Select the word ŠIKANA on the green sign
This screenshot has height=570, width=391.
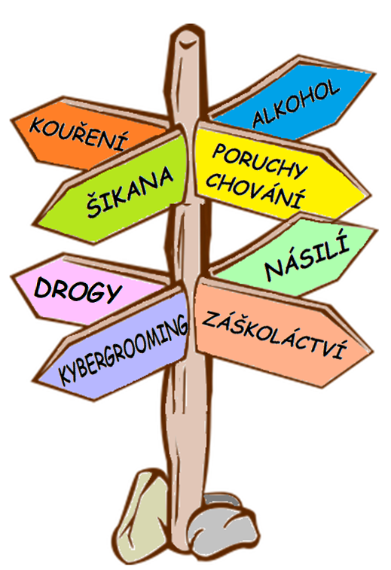130,192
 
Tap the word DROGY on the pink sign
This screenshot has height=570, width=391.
77,290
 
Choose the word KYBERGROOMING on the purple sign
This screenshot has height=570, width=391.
123,349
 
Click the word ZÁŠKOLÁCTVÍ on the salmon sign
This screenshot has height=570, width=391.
274,334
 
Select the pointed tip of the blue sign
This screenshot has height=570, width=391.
373,74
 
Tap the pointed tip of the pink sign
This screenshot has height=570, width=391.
13,276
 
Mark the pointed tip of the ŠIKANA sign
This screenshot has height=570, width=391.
35,224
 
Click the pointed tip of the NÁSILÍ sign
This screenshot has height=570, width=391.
375,230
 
